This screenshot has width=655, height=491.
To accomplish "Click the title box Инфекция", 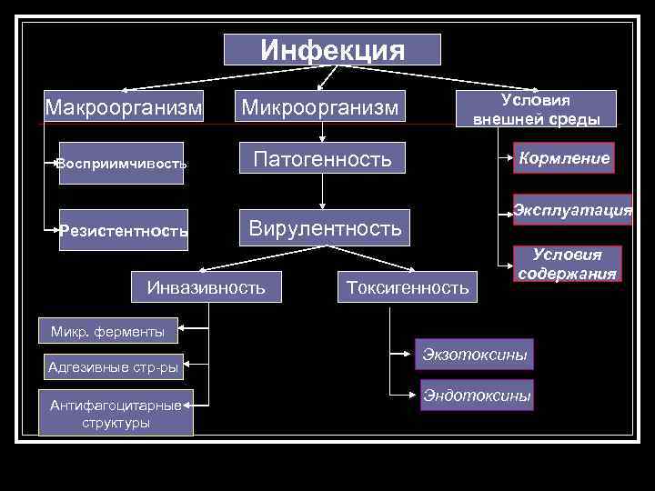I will click(x=332, y=49).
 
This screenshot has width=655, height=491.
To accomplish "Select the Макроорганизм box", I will click(x=124, y=108).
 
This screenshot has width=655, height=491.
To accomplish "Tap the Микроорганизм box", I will click(x=319, y=108).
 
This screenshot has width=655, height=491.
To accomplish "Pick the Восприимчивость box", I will click(x=121, y=164).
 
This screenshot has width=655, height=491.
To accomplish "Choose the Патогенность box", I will click(x=323, y=160).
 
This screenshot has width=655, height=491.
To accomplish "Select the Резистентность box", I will click(x=124, y=230).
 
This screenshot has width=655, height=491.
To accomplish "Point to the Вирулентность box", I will click(x=325, y=227).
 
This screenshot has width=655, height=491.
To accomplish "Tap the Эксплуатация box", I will click(x=572, y=210).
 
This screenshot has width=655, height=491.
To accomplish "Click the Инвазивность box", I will click(x=206, y=287).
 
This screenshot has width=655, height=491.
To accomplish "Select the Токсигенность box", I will click(x=407, y=287).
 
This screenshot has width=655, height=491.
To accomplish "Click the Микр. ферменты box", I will click(x=107, y=331).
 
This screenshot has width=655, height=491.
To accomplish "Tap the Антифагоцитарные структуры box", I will click(x=115, y=414).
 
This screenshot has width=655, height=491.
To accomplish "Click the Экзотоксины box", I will click(x=473, y=354).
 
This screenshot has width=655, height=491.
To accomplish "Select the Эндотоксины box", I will click(x=476, y=396).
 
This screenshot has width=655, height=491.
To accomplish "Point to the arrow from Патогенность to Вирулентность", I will click(x=323, y=193).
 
